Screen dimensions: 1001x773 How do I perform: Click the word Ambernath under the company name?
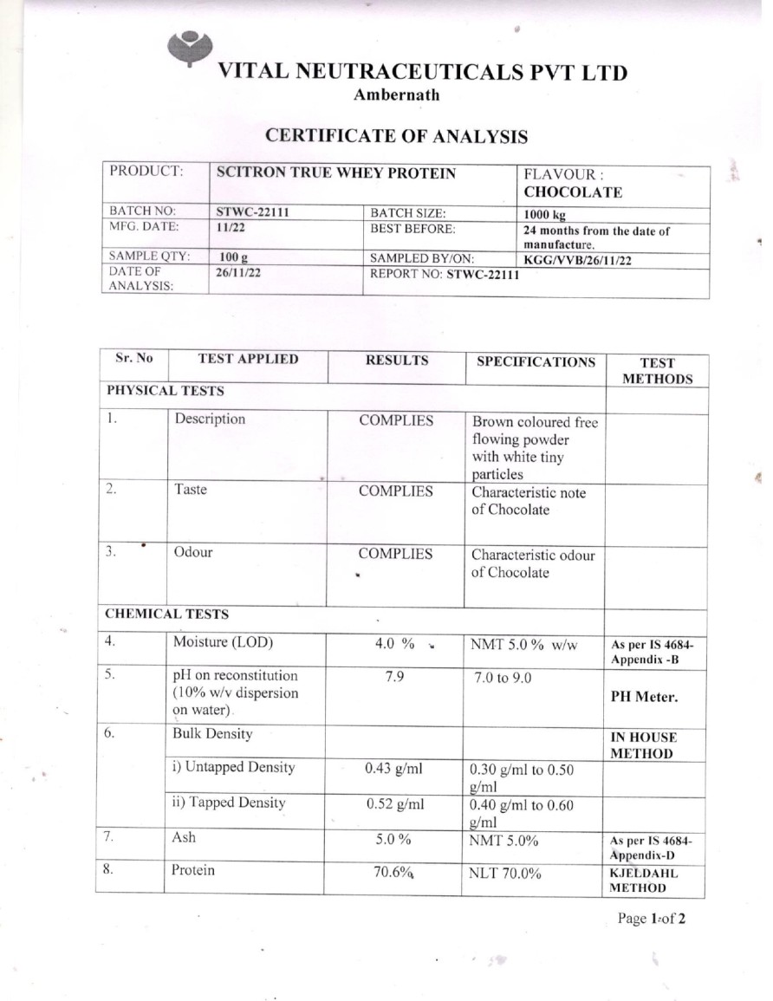[396, 95]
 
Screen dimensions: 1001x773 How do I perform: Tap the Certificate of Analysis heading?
[396, 136]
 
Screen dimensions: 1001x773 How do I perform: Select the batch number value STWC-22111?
[251, 211]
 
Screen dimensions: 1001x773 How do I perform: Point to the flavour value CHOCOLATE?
[573, 192]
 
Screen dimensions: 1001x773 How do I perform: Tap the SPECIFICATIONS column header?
[536, 361]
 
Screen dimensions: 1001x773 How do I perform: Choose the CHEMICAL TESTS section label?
[166, 614]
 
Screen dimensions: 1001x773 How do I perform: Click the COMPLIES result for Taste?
[396, 491]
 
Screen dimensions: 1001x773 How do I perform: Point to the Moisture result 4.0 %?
[393, 644]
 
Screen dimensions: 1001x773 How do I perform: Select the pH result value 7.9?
[393, 676]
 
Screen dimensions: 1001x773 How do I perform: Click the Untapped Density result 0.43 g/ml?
[394, 767]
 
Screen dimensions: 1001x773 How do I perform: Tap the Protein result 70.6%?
[391, 872]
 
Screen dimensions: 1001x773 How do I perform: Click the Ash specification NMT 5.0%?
[504, 839]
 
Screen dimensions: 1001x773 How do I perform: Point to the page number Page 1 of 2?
[651, 919]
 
